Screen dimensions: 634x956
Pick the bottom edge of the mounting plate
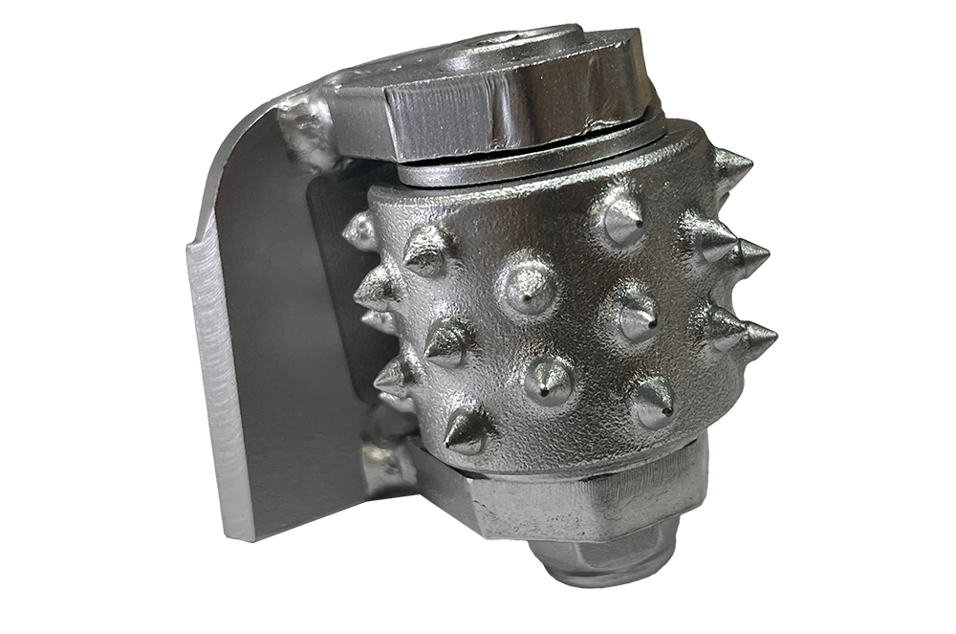point(287,521)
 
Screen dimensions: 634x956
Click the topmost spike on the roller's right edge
point(731,166)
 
